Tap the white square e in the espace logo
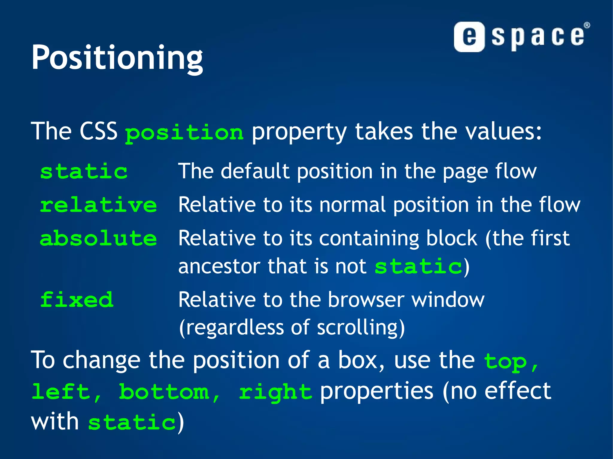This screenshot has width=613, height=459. (x=469, y=37)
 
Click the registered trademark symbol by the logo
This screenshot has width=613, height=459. (x=587, y=25)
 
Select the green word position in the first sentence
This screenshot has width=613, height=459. (x=184, y=133)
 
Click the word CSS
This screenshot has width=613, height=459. (x=98, y=131)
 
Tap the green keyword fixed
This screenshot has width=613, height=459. (x=77, y=300)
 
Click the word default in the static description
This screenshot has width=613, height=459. (x=255, y=171)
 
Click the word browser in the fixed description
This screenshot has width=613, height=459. (x=366, y=300)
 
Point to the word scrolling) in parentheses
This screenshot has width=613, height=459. (x=361, y=328)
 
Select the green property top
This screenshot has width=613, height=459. (x=505, y=362)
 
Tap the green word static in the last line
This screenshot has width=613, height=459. (x=132, y=422)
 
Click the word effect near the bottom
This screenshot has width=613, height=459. (x=518, y=391)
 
